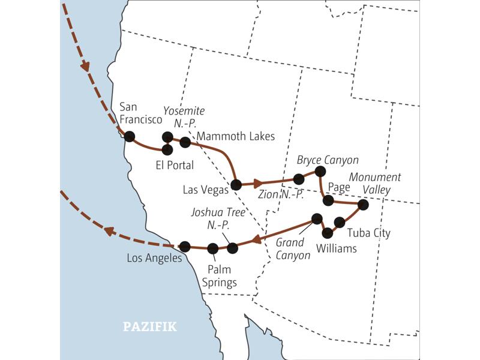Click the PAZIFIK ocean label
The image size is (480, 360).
coord(150,327)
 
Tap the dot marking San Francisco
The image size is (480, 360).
coord(129,136)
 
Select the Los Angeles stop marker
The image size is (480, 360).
coord(185,246)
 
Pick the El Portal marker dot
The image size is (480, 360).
coord(167,149)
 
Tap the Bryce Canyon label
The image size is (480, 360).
coord(328,160)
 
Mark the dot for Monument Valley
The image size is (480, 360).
coord(362,205)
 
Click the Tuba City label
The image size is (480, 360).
coord(369,233)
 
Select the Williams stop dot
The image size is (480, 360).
coord(327,232)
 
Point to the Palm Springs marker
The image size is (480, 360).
coord(212,248)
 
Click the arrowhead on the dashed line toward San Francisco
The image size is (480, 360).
coord(86,65)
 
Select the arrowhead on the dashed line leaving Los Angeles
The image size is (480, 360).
coord(110,230)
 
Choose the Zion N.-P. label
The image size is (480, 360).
coord(280,194)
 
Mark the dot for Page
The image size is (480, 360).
coord(328,200)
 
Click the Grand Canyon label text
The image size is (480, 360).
coord(293,249)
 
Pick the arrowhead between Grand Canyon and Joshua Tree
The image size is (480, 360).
coord(257,239)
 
